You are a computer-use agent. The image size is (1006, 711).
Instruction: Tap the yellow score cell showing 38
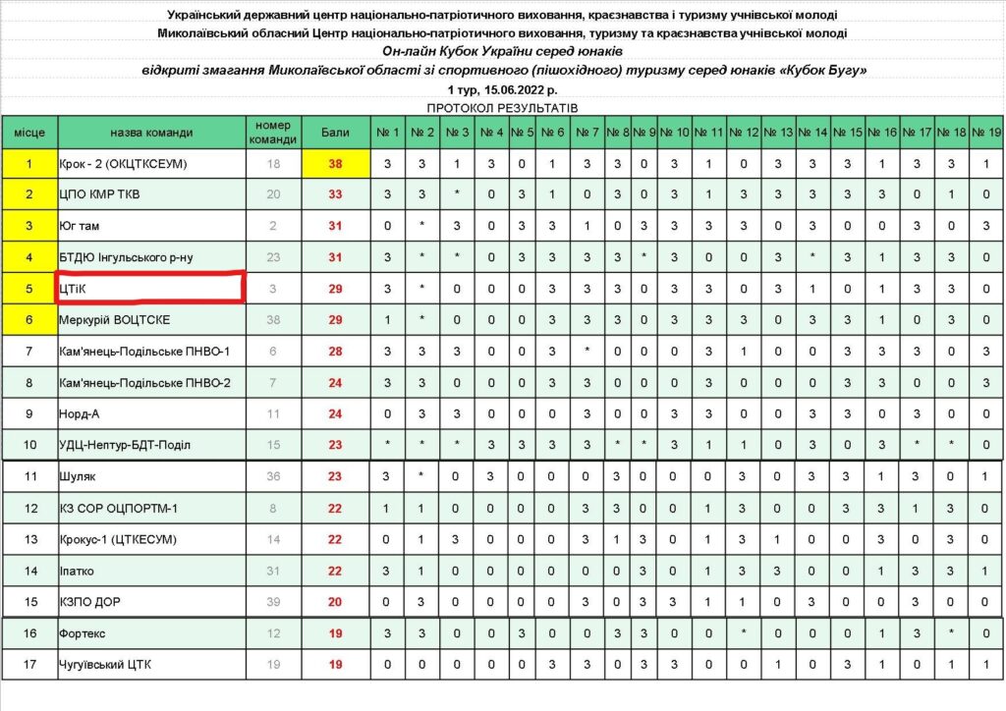pos(336,164)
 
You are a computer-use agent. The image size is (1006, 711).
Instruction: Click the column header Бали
pos(336,132)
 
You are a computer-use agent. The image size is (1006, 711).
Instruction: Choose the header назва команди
pos(151,132)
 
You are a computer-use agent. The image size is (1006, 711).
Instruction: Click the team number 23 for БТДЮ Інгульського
pos(274,257)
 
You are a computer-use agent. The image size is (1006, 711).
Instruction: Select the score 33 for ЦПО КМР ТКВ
pos(336,194)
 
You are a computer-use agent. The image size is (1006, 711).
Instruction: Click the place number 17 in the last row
pos(28,665)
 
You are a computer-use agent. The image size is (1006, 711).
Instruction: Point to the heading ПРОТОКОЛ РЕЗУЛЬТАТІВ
pos(503,105)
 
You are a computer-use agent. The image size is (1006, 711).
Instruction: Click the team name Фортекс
pos(84,633)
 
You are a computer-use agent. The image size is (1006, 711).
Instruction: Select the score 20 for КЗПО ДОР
pos(336,601)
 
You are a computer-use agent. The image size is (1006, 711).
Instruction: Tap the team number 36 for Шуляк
pos(274,476)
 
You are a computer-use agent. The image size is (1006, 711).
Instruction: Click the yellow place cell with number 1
pos(28,164)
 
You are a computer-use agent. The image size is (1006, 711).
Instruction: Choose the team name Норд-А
pos(81,413)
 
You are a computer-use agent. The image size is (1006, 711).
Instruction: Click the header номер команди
pos(274,132)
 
